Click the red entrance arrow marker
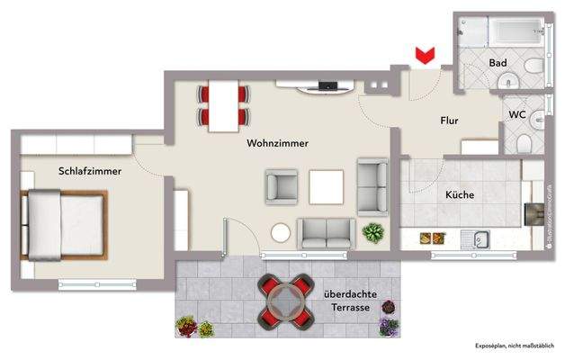pyautogui.click(x=421, y=57)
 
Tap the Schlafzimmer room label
pyautogui.click(x=90, y=170)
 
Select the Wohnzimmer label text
pyautogui.click(x=277, y=143)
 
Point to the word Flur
pyautogui.click(x=451, y=120)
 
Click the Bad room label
pyautogui.click(x=498, y=63)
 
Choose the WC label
pyautogui.click(x=517, y=114)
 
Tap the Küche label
pyautogui.click(x=460, y=194)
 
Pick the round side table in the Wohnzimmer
pyautogui.click(x=282, y=232)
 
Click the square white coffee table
pyautogui.click(x=327, y=187)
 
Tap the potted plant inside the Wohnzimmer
pyautogui.click(x=372, y=233)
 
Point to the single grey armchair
pyautogui.click(x=282, y=187)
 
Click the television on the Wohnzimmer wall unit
pyautogui.click(x=327, y=86)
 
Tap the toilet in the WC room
pyautogui.click(x=531, y=139)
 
